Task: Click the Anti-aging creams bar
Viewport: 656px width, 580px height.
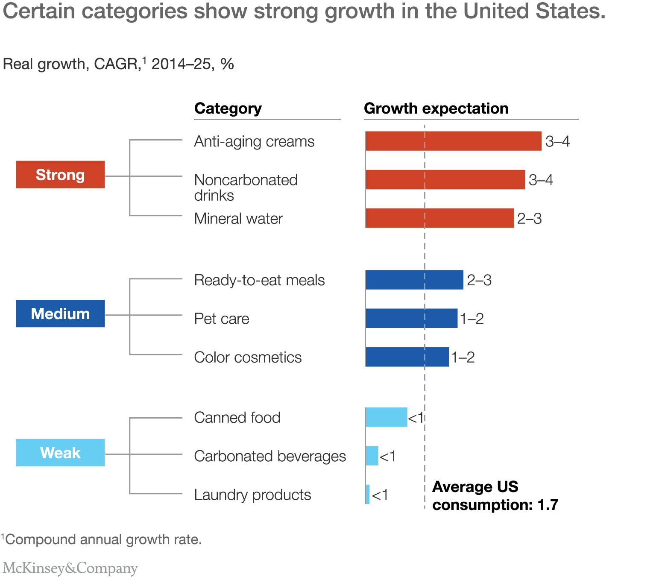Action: point(454,141)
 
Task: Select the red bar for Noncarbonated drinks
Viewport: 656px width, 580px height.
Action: point(445,179)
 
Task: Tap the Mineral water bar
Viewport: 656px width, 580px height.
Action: point(440,218)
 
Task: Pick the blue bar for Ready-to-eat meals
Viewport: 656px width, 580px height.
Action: point(415,280)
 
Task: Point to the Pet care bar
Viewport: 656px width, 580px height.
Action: point(412,318)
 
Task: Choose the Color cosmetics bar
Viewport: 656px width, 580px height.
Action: point(407,357)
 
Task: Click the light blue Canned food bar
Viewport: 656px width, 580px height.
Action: point(387,417)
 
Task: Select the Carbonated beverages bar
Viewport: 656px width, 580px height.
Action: point(372,456)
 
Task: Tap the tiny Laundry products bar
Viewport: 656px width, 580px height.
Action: point(368,494)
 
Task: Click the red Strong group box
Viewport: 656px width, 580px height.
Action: point(60,175)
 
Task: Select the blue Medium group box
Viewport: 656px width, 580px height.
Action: point(60,313)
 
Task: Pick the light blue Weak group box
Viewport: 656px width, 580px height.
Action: point(60,453)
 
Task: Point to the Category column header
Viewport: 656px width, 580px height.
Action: point(228,108)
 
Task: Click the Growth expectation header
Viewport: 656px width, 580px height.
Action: point(436,108)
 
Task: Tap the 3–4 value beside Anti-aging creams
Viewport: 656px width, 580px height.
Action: point(557,141)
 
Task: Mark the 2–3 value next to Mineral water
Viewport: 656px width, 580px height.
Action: point(529,219)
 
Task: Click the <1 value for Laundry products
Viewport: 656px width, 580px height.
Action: point(380,495)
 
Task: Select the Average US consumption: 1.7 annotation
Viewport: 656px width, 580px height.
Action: point(495,496)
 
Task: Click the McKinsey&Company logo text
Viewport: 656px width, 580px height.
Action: point(70,568)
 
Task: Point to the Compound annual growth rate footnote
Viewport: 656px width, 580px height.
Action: point(102,539)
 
